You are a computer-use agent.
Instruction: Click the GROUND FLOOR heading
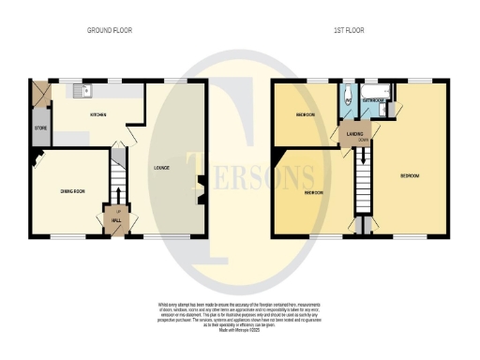[110, 30]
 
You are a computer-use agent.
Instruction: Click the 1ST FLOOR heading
[349, 30]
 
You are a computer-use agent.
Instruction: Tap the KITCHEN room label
[97, 115]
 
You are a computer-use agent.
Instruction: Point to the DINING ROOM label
[73, 191]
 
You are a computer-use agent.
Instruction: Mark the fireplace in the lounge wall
[200, 188]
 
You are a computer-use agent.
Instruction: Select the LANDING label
[354, 135]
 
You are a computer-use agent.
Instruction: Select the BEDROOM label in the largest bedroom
[409, 176]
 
